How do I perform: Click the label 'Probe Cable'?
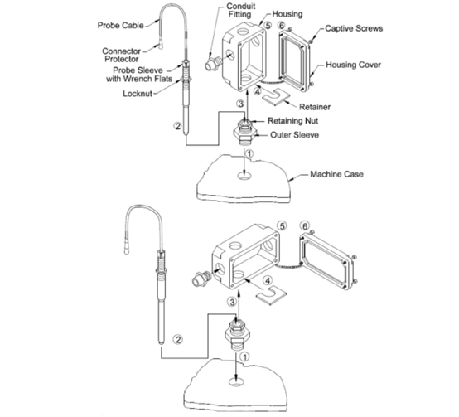pos(121,26)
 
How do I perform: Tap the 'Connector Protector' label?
pos(121,55)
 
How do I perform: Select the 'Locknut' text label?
pos(138,94)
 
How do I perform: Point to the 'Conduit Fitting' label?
pos(240,10)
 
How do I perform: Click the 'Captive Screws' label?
pos(354,28)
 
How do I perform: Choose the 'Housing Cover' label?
pos(353,65)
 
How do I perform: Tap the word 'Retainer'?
pos(315,107)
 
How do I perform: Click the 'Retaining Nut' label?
pos(292,121)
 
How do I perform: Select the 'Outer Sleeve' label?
pos(294,135)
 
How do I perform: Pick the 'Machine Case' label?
pos(336,174)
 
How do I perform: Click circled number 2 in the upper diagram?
pos(177,126)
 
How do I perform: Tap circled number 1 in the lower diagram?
pos(244,356)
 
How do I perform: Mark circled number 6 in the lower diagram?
pos(305,226)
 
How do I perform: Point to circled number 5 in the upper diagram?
pos(268,25)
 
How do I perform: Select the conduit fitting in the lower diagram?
pos(201,279)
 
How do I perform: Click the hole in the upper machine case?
pos(244,176)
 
